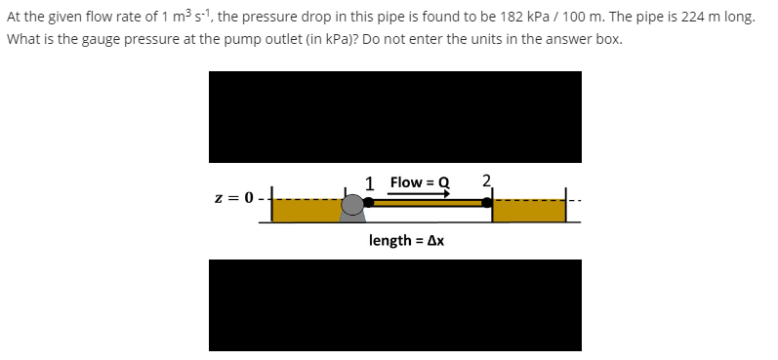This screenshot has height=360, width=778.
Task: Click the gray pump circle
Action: (352, 205)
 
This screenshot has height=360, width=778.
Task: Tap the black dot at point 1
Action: (368, 202)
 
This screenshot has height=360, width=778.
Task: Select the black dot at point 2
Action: (486, 202)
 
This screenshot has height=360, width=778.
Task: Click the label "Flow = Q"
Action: (419, 182)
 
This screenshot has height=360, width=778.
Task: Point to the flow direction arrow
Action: (419, 193)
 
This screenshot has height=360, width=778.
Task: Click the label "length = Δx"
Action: (407, 240)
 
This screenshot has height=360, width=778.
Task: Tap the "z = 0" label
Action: (234, 199)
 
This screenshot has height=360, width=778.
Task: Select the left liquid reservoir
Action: (305, 211)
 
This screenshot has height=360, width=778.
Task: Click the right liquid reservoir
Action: (528, 211)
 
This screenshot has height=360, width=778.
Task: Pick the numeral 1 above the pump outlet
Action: (370, 181)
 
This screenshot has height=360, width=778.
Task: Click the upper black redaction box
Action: (394, 116)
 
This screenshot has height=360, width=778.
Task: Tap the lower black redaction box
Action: (394, 304)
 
